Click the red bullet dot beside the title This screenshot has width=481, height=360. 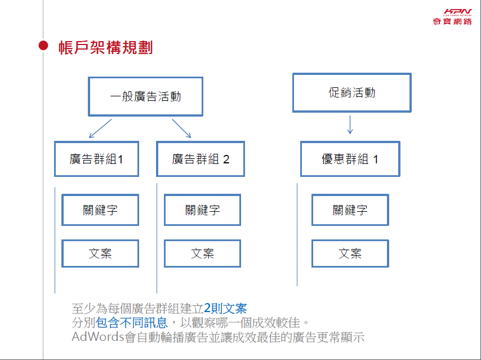coord(43,46)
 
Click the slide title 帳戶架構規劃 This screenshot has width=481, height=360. coord(105,47)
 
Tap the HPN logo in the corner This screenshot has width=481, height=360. coord(452,17)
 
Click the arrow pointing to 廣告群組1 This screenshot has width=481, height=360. coord(100,128)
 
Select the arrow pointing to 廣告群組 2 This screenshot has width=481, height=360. coord(181,128)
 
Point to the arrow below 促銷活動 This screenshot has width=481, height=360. coord(350,125)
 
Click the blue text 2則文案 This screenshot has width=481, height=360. coord(225,308)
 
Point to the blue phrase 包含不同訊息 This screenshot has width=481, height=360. coord(132,323)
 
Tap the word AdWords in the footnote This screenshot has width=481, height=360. coord(98,337)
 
